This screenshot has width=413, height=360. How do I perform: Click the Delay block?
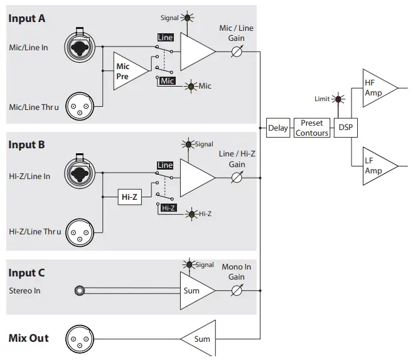[278, 128]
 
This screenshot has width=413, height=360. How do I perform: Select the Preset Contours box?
[312, 128]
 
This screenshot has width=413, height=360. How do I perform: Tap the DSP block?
[346, 128]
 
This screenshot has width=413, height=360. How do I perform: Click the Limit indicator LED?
[338, 99]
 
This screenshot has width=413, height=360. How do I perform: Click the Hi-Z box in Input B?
[129, 197]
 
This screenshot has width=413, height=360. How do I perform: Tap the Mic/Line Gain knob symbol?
[237, 52]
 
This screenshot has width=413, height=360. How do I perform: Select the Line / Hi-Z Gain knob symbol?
[237, 178]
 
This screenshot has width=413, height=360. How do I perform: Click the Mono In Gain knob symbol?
[237, 291]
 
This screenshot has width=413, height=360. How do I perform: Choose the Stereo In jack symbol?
[79, 291]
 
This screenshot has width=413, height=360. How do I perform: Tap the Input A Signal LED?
[187, 18]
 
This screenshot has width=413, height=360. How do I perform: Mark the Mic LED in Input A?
[191, 86]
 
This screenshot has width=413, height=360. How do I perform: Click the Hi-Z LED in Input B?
[192, 214]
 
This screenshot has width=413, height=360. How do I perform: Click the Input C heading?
[26, 273]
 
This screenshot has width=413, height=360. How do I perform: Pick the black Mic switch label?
[168, 80]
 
